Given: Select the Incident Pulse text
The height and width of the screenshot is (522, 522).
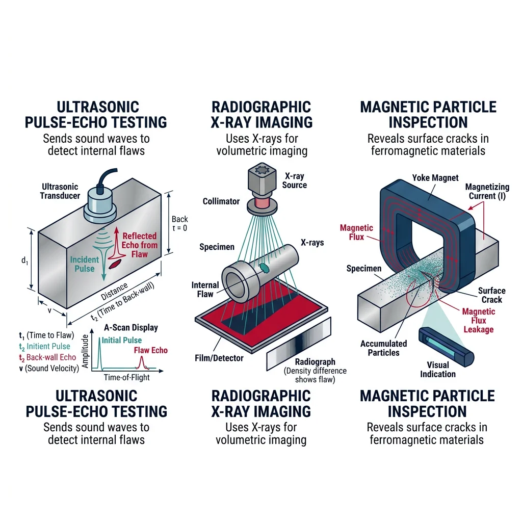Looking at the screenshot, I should pyautogui.click(x=85, y=264).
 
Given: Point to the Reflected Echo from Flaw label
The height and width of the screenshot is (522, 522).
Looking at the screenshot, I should pyautogui.click(x=140, y=245).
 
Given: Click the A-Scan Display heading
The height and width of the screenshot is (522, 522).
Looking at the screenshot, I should pyautogui.click(x=130, y=328).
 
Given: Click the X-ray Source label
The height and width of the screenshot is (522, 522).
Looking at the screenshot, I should pyautogui.click(x=295, y=180).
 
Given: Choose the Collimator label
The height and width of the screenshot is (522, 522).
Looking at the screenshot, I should pyautogui.click(x=221, y=201).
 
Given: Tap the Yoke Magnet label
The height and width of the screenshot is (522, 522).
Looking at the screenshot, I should pyautogui.click(x=435, y=178).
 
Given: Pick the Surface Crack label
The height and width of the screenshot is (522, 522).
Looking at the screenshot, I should pyautogui.click(x=491, y=295).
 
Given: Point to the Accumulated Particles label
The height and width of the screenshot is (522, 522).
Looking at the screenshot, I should pyautogui.click(x=384, y=348).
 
